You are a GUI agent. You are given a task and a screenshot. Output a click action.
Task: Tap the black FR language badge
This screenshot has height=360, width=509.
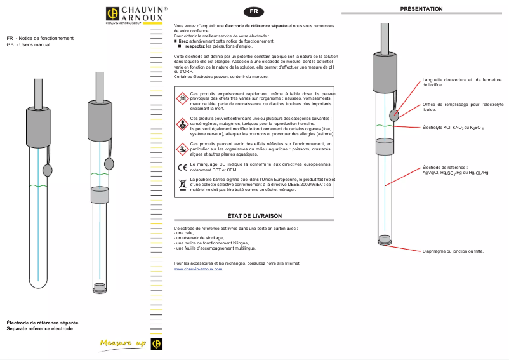pos(253,11)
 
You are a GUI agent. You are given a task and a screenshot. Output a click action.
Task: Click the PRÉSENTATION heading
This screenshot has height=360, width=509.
pos(421,8)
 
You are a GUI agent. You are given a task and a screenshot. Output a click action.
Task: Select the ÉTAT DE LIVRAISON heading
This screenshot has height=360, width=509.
pos(254,216)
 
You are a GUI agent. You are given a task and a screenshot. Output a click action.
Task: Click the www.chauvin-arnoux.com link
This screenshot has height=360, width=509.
pos(197,269)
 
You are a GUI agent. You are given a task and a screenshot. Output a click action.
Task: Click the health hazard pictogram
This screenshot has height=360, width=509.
pos(182,124)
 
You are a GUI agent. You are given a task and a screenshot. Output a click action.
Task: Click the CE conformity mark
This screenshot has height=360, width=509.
pos(182,168)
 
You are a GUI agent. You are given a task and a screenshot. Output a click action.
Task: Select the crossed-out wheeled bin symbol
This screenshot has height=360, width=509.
pos(182,185)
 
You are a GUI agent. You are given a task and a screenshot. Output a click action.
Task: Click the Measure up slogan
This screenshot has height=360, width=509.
pos(123,343)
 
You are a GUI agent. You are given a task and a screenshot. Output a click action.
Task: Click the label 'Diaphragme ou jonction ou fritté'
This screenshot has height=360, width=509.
pos(453,251)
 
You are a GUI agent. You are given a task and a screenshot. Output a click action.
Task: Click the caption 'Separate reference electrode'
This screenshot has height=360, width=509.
pos(39,329)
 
